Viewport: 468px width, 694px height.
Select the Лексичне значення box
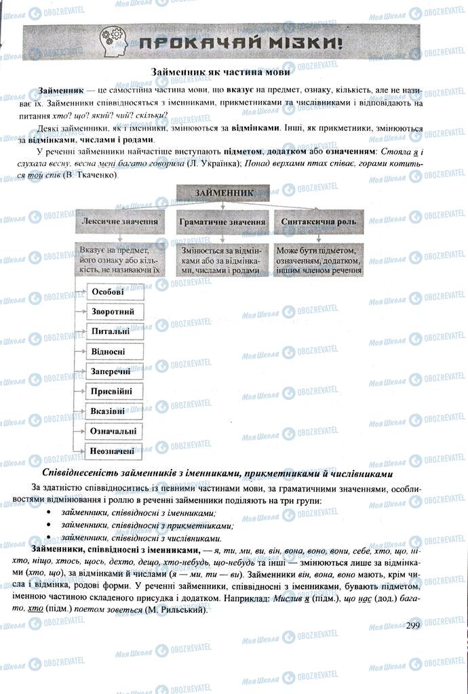[120, 221]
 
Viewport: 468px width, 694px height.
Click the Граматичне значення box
[222, 222]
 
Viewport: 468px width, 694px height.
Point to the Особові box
[115, 292]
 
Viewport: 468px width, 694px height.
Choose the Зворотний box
[115, 312]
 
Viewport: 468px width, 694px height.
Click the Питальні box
[115, 331]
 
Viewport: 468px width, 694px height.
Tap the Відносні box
[115, 351]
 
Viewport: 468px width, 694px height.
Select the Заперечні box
[115, 371]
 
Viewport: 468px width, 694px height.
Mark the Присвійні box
[115, 391]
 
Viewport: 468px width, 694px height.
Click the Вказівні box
[115, 411]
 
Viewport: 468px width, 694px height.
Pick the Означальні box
[115, 430]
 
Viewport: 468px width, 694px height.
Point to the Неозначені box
[115, 450]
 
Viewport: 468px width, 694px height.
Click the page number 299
[413, 625]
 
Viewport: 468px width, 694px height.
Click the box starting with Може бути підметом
[319, 259]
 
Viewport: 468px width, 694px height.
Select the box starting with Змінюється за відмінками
[222, 259]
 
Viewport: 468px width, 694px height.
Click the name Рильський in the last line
[182, 610]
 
